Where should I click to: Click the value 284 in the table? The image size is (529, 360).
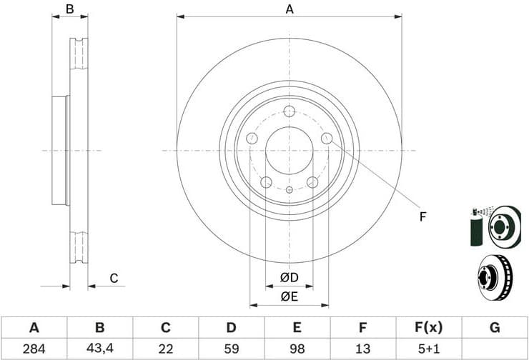point(34,349)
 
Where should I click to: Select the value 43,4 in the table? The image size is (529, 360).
point(99,349)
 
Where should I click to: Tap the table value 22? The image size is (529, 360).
point(165,349)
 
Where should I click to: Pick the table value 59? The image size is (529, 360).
point(231,349)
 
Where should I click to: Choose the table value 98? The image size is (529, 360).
point(297,349)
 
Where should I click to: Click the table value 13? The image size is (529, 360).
point(362,349)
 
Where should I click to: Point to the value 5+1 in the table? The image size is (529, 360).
point(428,349)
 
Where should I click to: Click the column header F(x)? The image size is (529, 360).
point(428,328)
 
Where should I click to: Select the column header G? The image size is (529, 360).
point(495,328)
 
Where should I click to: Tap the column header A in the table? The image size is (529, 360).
point(34,328)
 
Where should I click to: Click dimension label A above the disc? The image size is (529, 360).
point(290,9)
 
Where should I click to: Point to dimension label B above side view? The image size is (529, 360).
point(69,9)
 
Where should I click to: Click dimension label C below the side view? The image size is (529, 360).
point(113,278)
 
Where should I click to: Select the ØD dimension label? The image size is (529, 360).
point(289,277)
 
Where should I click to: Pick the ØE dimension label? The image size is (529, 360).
point(289,296)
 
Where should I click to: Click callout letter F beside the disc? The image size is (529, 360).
point(422,216)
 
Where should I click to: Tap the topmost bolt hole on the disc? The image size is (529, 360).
point(290,111)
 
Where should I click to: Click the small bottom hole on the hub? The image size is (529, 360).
point(289,190)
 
